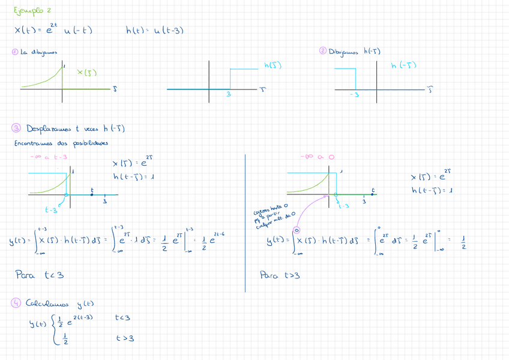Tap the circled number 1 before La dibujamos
coord(15,52)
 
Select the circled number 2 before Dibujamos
coord(323,52)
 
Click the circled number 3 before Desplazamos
coord(16,128)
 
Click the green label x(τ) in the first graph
coord(88,73)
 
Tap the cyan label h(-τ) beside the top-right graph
coord(403,65)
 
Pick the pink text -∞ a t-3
coord(49,157)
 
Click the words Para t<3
coord(39,275)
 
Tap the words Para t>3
coord(280,275)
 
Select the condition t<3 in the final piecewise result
coord(122,317)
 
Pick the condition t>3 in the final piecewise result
coord(125,338)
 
